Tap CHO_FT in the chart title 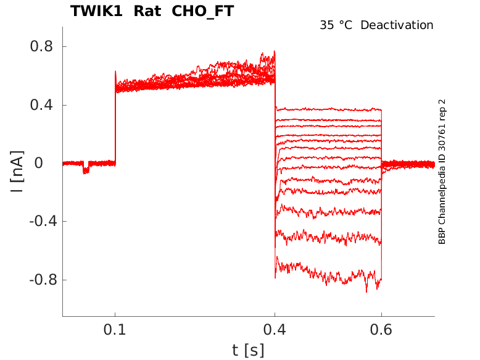[203, 11]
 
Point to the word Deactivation [397, 25]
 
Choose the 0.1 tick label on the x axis [115, 331]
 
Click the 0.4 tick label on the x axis [275, 331]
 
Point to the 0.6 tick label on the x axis [381, 331]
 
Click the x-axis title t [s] [248, 350]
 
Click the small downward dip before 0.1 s [86, 169]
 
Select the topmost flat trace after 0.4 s [327, 109]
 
